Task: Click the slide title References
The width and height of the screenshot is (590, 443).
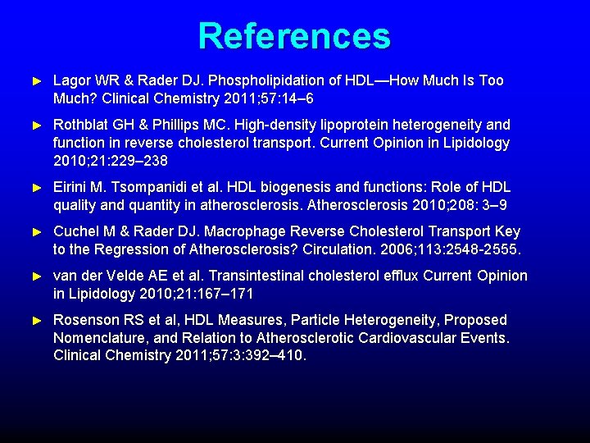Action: coord(294,36)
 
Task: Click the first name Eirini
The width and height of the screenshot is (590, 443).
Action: coord(70,187)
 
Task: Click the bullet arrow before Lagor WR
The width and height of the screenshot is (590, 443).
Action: coord(35,81)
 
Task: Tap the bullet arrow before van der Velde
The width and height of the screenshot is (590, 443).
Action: coord(35,276)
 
